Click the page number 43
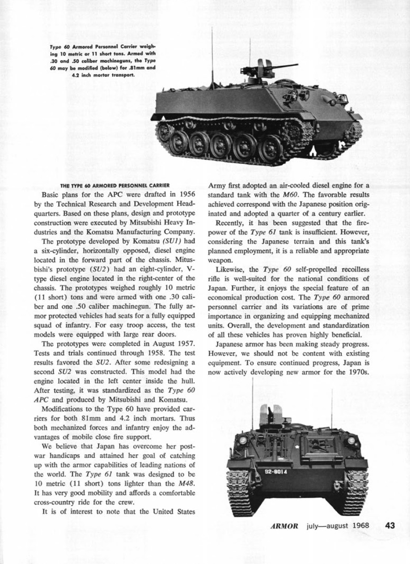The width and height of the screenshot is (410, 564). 387,526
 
